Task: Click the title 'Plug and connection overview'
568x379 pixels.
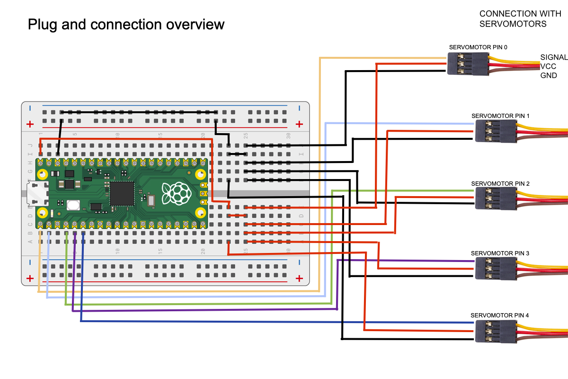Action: click(x=126, y=25)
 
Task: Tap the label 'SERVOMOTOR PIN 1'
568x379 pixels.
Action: click(x=500, y=116)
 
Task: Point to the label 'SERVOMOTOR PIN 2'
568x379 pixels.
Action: click(x=500, y=183)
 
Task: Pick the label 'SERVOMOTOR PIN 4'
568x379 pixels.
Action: click(x=499, y=315)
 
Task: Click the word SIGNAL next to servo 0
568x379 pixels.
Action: click(x=554, y=57)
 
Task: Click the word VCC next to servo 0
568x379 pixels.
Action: click(x=548, y=66)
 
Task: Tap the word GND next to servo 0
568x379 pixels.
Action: click(x=549, y=75)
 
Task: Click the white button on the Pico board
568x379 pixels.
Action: click(x=73, y=205)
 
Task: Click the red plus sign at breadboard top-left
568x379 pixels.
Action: click(x=30, y=124)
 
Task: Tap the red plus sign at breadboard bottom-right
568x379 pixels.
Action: click(x=299, y=278)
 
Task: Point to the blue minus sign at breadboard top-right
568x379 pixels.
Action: click(x=299, y=108)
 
